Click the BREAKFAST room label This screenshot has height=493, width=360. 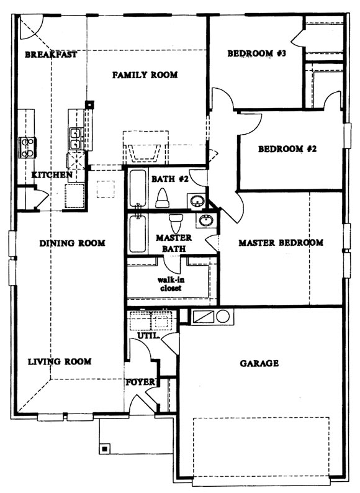pos(51,55)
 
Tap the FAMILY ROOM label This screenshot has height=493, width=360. pos(145,75)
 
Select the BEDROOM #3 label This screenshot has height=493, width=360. pos(257,53)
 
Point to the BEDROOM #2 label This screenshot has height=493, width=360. pos(287,149)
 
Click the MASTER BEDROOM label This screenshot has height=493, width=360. pos(281,242)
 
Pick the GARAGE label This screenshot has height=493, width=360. pos(259,363)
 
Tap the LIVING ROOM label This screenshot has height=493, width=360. pos(60,361)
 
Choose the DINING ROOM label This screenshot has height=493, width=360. pos(73,243)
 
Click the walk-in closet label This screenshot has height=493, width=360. pos(171,284)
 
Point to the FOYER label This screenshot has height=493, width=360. pos(140,382)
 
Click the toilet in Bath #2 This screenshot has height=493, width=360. pos(162,198)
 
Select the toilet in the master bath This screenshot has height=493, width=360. pos(176,223)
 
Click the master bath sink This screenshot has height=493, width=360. pos(207,220)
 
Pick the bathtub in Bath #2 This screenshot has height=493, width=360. pos(137,188)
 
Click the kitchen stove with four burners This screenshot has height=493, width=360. pos(27,147)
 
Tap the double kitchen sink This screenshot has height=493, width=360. pos(76,139)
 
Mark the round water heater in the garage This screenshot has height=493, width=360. pos(223,316)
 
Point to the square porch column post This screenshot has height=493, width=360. pos(105,448)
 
